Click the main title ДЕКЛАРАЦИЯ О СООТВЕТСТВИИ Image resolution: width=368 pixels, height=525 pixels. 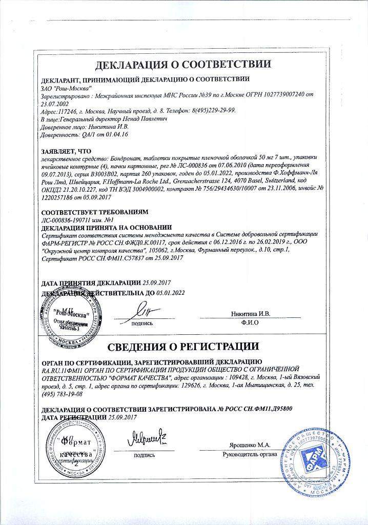(x=183, y=65)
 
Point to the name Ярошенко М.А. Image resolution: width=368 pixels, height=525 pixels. (x=249, y=445)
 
